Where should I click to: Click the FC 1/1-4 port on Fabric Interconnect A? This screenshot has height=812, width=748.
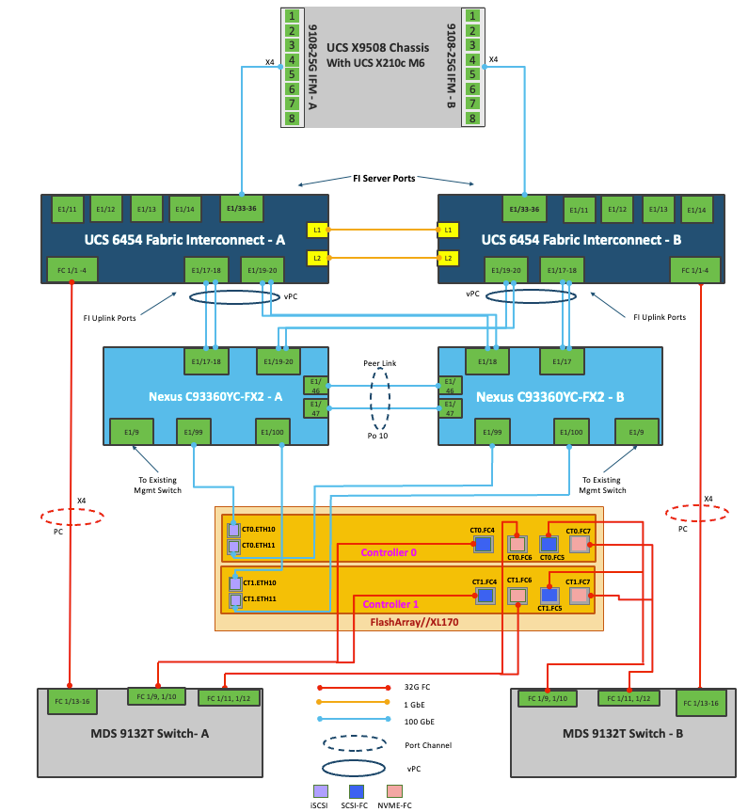pyautogui.click(x=72, y=269)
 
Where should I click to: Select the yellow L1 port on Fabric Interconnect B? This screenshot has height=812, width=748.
pyautogui.click(x=448, y=230)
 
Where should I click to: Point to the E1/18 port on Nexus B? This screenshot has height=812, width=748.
pyautogui.click(x=487, y=360)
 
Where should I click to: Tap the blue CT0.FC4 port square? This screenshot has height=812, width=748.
pyautogui.click(x=484, y=544)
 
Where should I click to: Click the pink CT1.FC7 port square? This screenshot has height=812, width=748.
pyautogui.click(x=578, y=595)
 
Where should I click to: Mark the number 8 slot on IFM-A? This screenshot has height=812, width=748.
pyautogui.click(x=294, y=119)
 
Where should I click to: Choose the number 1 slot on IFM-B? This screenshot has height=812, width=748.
pyautogui.click(x=470, y=16)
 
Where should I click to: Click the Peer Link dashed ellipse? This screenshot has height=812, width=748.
pyautogui.click(x=381, y=398)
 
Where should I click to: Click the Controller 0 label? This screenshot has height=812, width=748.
pyautogui.click(x=389, y=552)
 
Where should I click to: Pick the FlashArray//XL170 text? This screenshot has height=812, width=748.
pyautogui.click(x=409, y=622)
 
